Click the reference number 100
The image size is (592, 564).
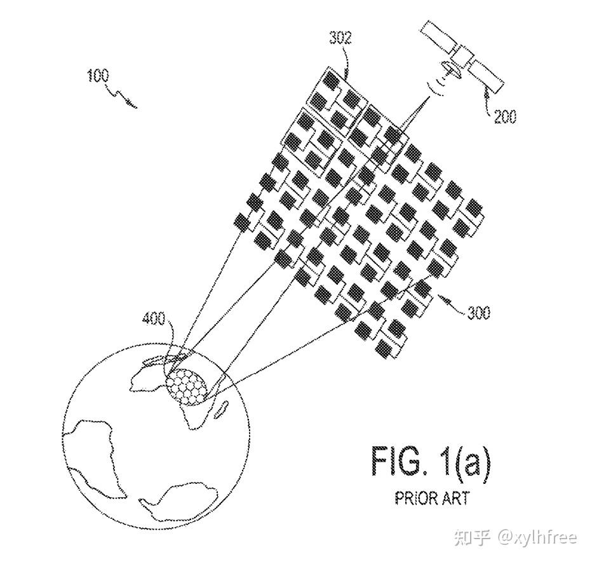[x=98, y=76]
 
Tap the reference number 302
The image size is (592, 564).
[x=340, y=38]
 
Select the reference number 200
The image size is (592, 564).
[x=505, y=117]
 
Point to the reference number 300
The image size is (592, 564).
[x=478, y=313]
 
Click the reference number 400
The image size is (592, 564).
[x=153, y=318]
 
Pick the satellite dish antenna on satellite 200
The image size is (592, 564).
[x=450, y=70]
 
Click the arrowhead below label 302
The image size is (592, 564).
[x=347, y=75]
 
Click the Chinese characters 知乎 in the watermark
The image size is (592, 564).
[x=471, y=538]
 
